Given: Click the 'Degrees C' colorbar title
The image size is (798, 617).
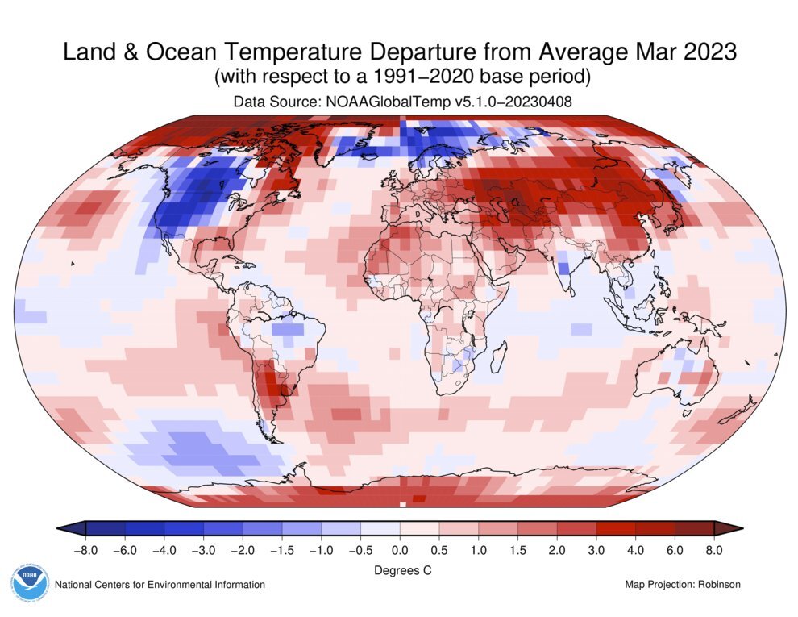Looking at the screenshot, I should point(400,570).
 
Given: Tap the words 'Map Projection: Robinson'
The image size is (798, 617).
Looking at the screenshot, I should point(682,584).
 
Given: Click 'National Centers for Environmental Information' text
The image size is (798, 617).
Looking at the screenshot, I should point(160,584).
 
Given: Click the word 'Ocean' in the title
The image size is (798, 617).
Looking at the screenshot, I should point(179,52).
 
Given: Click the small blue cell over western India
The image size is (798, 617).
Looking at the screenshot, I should point(563,266).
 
